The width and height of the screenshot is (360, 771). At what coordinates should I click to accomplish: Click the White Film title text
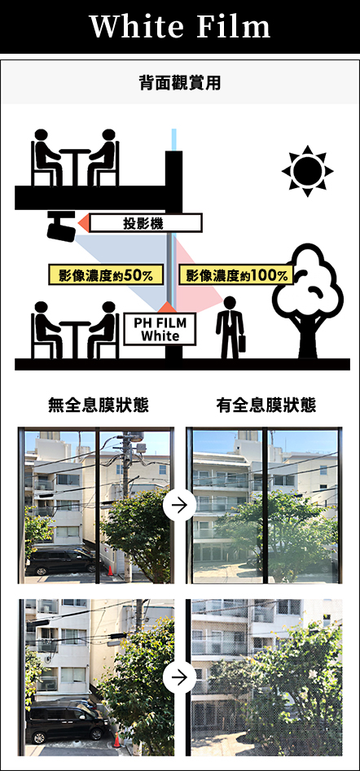(x=180, y=27)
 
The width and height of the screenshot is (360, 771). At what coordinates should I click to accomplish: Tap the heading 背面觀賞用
(x=180, y=83)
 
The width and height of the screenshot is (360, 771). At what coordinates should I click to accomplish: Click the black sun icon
(x=307, y=171)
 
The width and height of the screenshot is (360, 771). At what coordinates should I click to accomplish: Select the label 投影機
(x=146, y=223)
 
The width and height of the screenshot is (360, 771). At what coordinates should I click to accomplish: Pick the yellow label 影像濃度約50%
(x=106, y=275)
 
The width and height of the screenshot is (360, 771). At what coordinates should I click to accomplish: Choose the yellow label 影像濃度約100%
(x=236, y=275)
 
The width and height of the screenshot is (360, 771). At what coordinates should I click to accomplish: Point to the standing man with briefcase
(x=230, y=327)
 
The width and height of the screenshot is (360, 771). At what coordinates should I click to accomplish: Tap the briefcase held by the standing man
(x=241, y=344)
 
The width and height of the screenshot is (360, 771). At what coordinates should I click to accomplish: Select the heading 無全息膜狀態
(x=99, y=405)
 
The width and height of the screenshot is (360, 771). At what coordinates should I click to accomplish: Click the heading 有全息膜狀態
(x=266, y=405)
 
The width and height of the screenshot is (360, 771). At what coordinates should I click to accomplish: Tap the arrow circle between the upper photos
(x=180, y=505)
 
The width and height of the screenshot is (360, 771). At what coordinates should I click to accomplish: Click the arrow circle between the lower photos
(x=180, y=677)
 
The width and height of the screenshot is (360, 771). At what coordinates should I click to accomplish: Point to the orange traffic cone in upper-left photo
(x=110, y=571)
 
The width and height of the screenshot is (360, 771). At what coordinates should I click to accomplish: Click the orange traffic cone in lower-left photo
(x=116, y=740)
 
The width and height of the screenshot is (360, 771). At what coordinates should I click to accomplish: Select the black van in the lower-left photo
(x=67, y=722)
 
